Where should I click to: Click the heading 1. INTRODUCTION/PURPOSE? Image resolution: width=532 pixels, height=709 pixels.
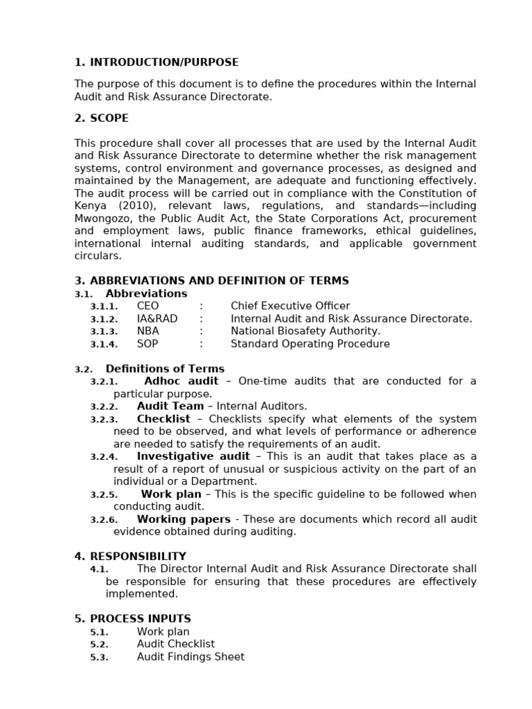coord(157,62)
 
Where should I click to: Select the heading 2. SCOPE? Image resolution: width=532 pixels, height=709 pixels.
coord(101,118)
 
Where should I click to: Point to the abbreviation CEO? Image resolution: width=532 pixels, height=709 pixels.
coord(148,306)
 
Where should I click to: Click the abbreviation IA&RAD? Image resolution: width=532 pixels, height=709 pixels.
coord(157,318)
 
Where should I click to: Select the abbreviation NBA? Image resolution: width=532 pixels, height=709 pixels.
coord(148,331)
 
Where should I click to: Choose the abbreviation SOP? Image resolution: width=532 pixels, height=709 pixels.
coord(148,343)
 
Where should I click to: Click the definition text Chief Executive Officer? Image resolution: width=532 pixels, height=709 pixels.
coord(290,306)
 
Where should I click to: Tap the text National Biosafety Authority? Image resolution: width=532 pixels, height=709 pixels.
coord(305,331)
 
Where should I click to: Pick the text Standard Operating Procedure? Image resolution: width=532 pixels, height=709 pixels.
coord(310,343)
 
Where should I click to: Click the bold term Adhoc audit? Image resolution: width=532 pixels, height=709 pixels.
coord(181,382)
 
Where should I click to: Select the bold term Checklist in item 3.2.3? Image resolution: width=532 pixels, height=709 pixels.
coord(163,419)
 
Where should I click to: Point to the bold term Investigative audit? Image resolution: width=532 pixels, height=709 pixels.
coord(193,456)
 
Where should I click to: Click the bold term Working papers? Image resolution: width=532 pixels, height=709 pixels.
coord(184,519)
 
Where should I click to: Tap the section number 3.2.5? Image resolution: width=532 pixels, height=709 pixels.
coord(104,495)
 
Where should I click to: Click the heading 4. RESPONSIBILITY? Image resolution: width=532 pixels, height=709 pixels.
coord(130,556)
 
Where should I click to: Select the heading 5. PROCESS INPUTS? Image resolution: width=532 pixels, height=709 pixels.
coord(132,619)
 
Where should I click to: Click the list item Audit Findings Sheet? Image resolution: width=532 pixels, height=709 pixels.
coord(190,656)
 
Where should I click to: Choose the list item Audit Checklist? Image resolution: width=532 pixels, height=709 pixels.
coord(176,644)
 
